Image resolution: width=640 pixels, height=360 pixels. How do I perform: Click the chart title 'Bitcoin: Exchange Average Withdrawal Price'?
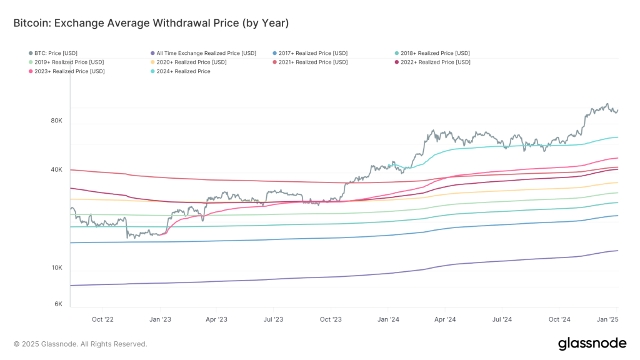151,23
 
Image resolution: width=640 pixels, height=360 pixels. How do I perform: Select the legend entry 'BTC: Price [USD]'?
56,53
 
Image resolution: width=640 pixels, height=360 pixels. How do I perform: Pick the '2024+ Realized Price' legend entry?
181,72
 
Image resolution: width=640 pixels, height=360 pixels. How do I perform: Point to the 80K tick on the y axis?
56,121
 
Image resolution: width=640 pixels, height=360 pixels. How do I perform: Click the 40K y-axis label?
56,170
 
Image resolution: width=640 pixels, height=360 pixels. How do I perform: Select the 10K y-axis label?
56,268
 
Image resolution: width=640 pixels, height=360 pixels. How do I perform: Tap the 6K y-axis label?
58,304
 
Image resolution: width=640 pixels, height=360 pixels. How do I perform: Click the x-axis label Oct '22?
102,319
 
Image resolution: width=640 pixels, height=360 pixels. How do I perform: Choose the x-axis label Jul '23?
273,319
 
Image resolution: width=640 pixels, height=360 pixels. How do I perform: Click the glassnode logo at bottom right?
591,343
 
